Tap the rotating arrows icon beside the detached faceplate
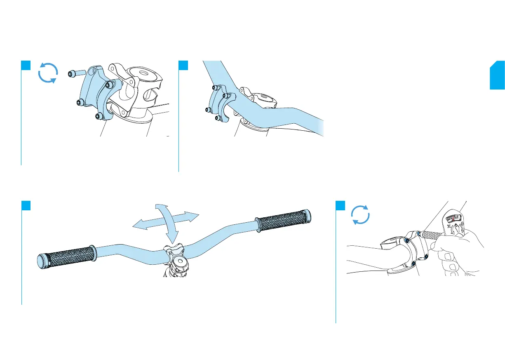(47, 73)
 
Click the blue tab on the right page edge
(497, 75)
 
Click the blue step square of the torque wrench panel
(340, 205)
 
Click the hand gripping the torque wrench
(458, 252)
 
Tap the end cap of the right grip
(308, 214)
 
